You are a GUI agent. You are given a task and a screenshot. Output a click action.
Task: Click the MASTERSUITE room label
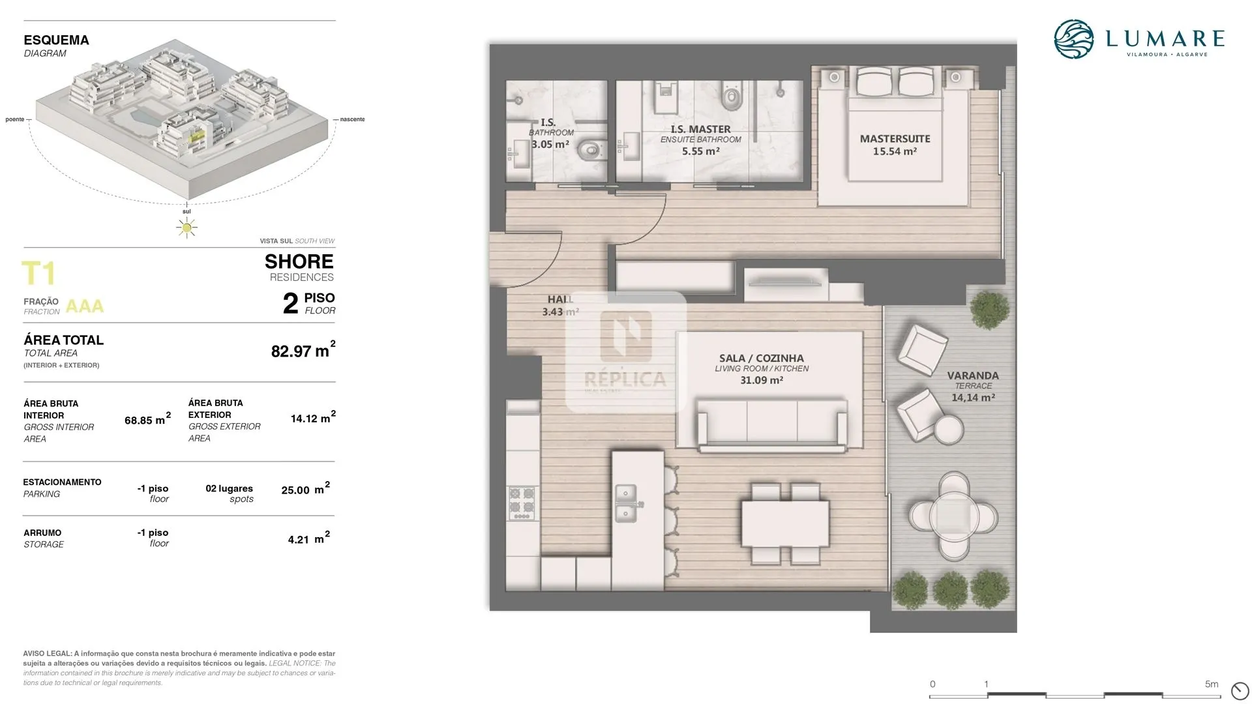(895, 139)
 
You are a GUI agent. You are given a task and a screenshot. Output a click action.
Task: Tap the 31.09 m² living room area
(761, 380)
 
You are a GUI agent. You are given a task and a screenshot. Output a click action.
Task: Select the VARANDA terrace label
(973, 375)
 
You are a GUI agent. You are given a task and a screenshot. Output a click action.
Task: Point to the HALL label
(560, 299)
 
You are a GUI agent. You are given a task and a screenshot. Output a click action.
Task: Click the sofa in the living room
(772, 425)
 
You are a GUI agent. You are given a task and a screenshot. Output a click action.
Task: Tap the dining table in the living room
(784, 523)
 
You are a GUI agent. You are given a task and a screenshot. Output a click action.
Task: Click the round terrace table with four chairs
(953, 516)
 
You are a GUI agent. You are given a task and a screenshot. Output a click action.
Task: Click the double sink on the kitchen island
(626, 503)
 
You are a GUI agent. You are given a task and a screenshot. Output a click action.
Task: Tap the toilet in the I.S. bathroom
(590, 150)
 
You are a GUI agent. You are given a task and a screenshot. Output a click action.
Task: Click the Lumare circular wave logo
(1073, 39)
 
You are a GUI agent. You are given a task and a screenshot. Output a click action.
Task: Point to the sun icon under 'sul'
(187, 227)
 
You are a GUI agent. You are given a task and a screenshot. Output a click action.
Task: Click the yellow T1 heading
(38, 274)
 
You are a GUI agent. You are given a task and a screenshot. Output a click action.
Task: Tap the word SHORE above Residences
(299, 261)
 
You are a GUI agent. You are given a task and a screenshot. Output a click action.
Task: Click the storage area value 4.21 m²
(309, 538)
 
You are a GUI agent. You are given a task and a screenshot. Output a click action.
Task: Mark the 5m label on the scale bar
(1212, 684)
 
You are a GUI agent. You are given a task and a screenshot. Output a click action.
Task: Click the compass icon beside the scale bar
(1239, 690)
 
